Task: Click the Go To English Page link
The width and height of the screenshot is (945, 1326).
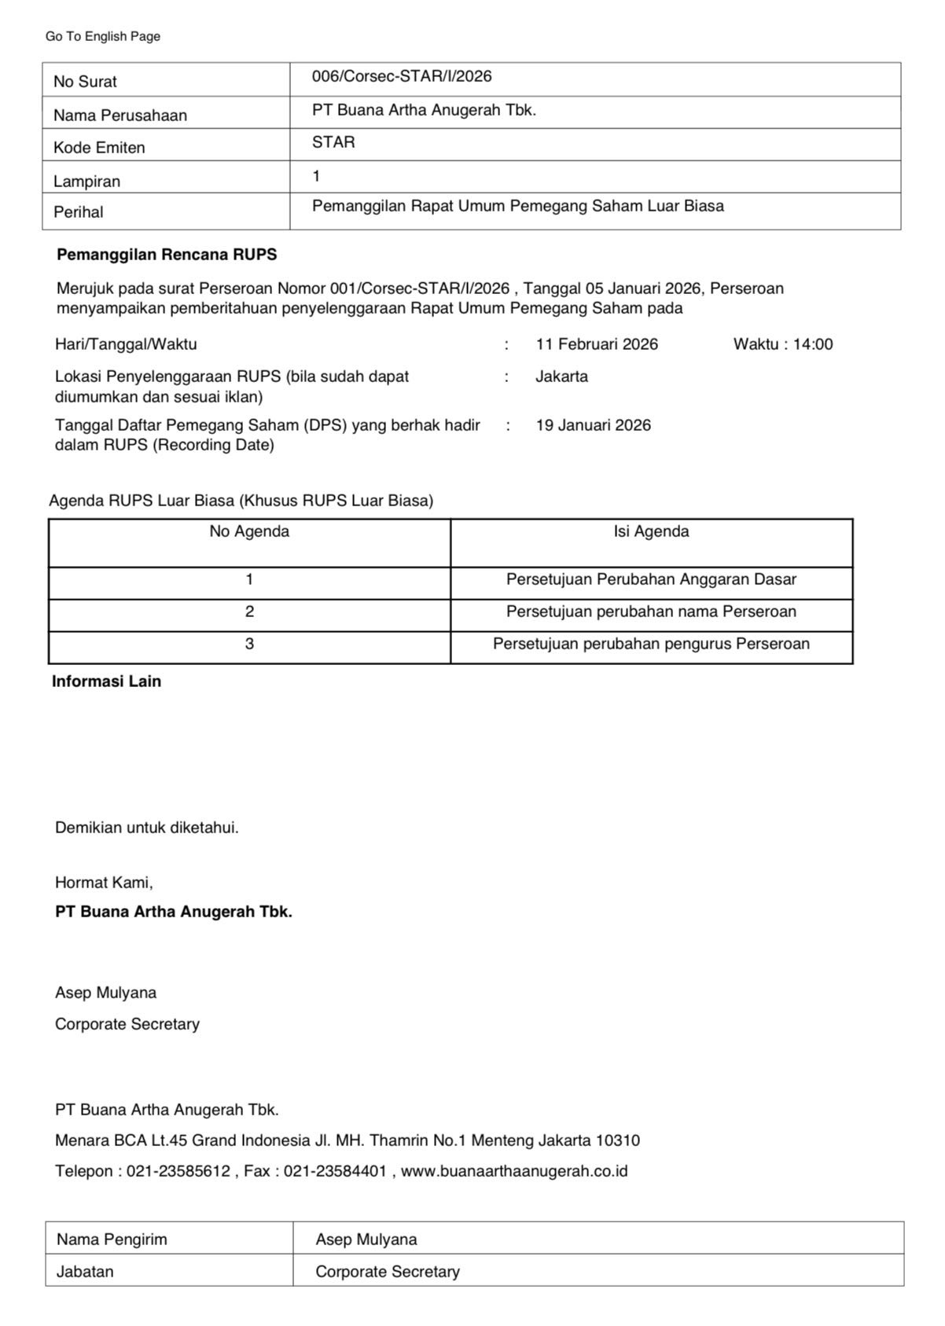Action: [103, 36]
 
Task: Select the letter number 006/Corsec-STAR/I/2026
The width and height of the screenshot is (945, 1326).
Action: [402, 76]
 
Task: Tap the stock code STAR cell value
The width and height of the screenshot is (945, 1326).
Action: [333, 142]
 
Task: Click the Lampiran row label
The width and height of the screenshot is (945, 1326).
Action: [86, 182]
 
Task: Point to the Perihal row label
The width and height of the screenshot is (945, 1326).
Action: [79, 212]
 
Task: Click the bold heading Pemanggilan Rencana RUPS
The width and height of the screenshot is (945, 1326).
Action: [167, 255]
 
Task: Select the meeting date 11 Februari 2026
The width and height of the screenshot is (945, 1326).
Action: [597, 344]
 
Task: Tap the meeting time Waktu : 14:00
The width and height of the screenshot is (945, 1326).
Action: [783, 344]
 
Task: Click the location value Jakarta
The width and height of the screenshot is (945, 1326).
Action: [561, 376]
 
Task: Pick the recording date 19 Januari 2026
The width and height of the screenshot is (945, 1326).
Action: [594, 425]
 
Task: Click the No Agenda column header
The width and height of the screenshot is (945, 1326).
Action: [249, 531]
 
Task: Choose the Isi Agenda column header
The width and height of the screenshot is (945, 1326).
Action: [651, 531]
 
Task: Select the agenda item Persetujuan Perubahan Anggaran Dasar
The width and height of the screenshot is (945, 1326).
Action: [651, 579]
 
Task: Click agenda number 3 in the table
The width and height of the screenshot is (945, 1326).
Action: [249, 644]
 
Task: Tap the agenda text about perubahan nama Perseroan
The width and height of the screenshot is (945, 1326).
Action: [651, 612]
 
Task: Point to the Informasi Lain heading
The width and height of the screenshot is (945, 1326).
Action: [106, 681]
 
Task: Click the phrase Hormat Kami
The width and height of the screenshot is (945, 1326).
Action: [104, 883]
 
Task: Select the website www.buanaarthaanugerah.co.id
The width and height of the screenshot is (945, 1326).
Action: [514, 1171]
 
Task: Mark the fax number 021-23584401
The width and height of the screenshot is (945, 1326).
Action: [335, 1171]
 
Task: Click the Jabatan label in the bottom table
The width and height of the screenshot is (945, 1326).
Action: [85, 1272]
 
